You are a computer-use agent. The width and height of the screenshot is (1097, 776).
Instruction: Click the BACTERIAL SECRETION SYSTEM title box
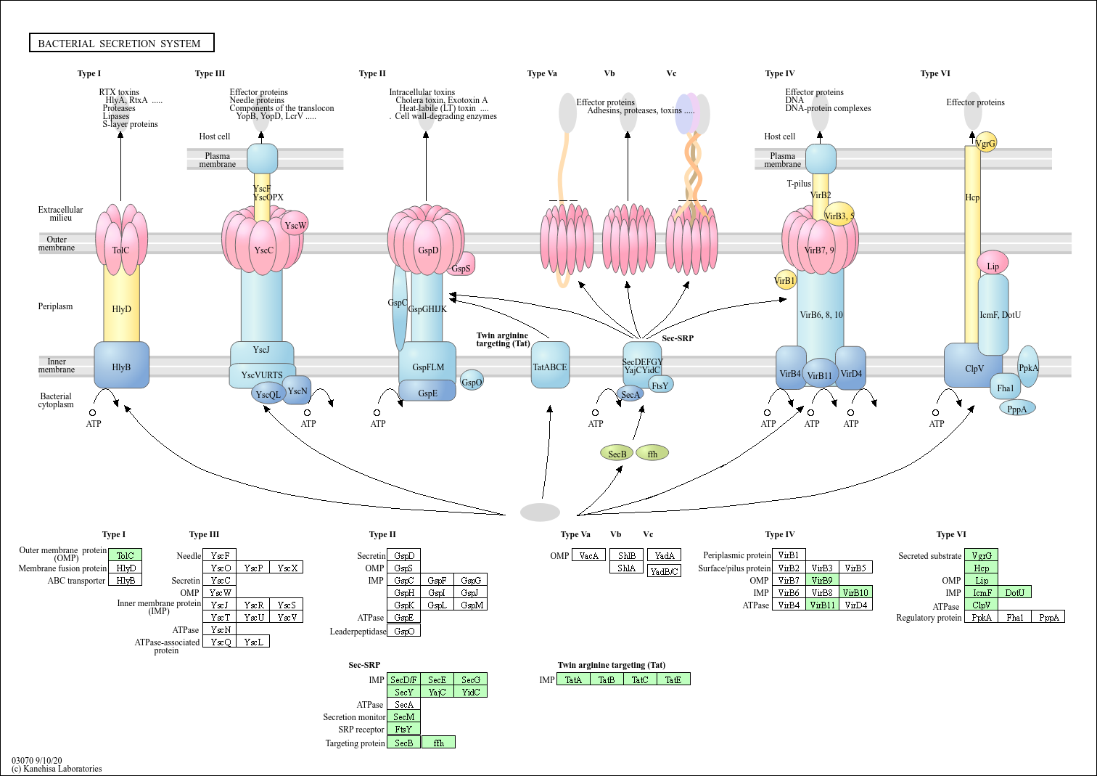tap(121, 43)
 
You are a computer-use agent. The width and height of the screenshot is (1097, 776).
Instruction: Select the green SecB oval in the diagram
tap(617, 454)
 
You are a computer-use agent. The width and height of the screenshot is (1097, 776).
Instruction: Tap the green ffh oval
tap(652, 454)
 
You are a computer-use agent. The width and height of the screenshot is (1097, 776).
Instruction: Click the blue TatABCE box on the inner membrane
tap(550, 367)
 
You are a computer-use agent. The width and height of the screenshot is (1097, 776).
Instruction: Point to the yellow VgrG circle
tap(986, 142)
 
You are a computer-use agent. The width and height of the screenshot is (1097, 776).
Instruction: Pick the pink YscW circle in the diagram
tap(295, 225)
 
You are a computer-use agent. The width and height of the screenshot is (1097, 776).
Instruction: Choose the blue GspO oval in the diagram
tap(472, 382)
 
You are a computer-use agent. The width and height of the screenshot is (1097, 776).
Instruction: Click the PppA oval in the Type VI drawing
tap(1017, 409)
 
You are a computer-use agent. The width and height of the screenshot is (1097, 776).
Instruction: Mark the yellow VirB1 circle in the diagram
tap(785, 280)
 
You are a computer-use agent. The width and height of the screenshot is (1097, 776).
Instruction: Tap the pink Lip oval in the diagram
tap(993, 265)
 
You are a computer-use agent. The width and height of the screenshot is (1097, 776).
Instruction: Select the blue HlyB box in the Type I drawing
tap(121, 366)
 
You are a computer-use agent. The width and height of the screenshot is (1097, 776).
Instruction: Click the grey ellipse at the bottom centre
tap(540, 512)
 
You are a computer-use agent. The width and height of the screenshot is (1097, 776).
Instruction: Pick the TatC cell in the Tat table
tap(640, 679)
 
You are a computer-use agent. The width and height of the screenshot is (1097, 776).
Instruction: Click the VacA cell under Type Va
tap(588, 556)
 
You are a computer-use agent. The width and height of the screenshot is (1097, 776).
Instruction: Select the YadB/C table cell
tap(665, 571)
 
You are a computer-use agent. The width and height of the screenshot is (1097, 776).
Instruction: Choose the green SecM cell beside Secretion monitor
tap(403, 716)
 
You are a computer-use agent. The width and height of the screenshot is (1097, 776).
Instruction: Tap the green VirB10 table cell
tap(855, 592)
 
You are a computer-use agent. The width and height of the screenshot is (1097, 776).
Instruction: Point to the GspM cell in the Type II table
tap(472, 605)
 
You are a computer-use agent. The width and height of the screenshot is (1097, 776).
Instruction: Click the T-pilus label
tap(799, 184)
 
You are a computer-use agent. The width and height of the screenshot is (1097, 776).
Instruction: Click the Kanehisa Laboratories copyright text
tap(57, 769)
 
